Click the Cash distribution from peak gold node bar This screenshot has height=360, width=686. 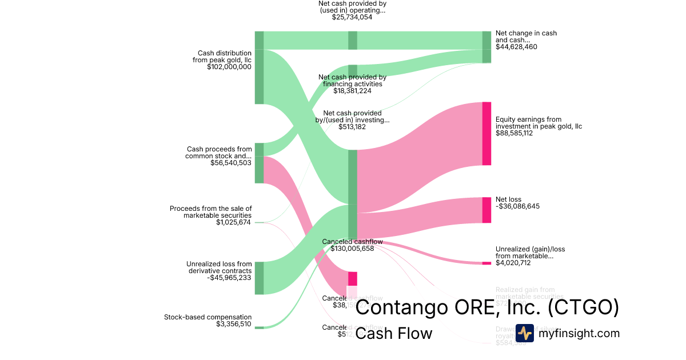click(x=259, y=68)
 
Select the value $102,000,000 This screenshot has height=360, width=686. click(x=229, y=67)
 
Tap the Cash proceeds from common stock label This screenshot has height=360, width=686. click(x=218, y=153)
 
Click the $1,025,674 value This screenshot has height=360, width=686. click(x=233, y=222)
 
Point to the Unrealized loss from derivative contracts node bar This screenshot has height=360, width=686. click(x=259, y=278)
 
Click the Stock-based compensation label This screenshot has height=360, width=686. click(x=208, y=317)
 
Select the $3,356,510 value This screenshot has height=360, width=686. click(x=234, y=324)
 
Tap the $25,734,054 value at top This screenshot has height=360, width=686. click(x=352, y=17)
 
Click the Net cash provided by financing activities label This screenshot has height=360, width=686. click(x=352, y=81)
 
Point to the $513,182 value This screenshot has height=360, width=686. click(x=352, y=127)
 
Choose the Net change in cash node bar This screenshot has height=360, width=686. click(x=486, y=47)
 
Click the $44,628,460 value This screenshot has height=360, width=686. click(x=516, y=47)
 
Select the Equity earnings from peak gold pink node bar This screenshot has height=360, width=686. click(x=486, y=134)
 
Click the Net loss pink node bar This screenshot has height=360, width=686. click(x=486, y=210)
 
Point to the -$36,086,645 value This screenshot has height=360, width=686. click(x=517, y=206)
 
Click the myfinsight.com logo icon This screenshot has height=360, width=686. click(x=524, y=333)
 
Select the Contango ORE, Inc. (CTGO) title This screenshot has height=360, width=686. click(x=487, y=308)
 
